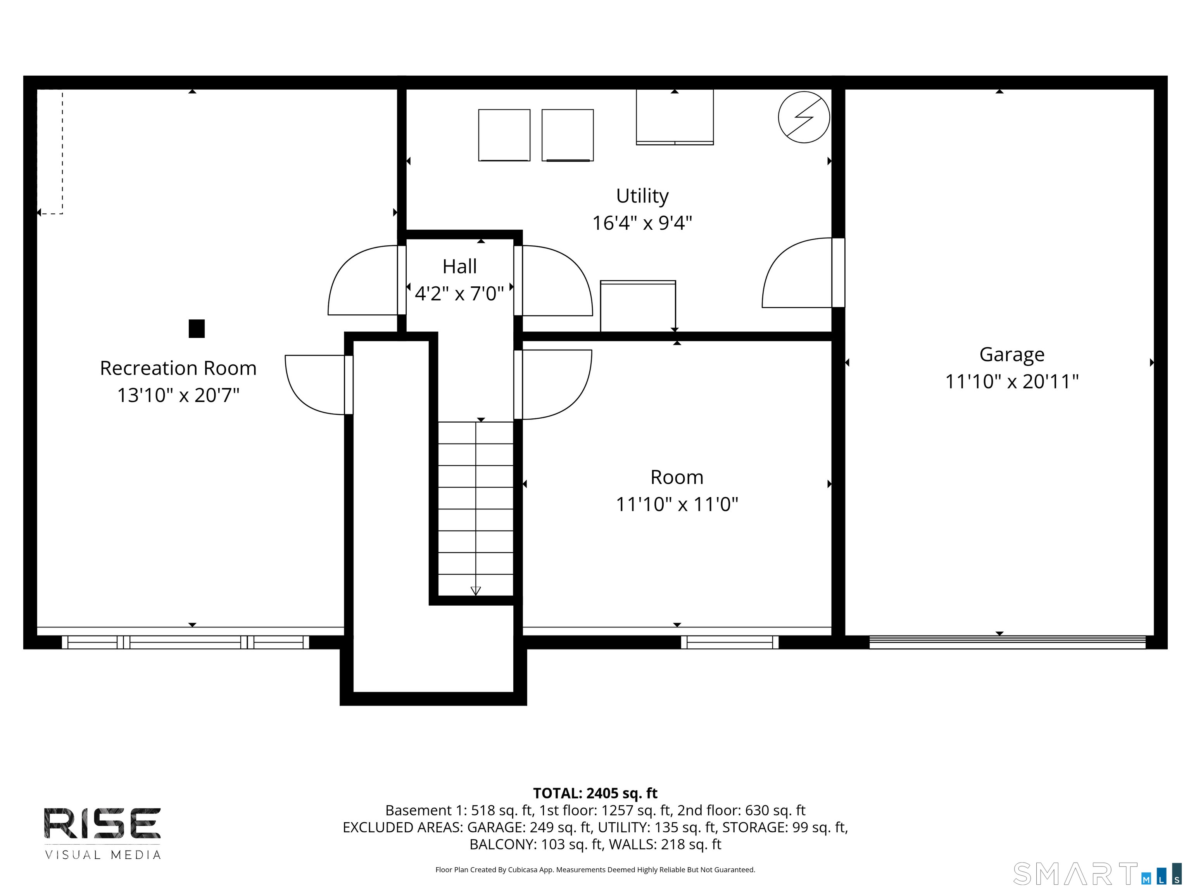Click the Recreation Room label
point(178,368)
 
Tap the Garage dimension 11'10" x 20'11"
point(1012,381)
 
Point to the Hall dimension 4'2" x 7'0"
point(459,294)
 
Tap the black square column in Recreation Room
point(197,329)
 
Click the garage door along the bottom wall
point(1007,642)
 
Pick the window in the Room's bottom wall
point(730,642)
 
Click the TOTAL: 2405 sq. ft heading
point(595,793)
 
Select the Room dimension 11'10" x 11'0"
point(677,504)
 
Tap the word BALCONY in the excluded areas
point(503,844)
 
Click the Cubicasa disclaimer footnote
point(595,870)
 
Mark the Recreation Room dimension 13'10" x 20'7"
point(178,395)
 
